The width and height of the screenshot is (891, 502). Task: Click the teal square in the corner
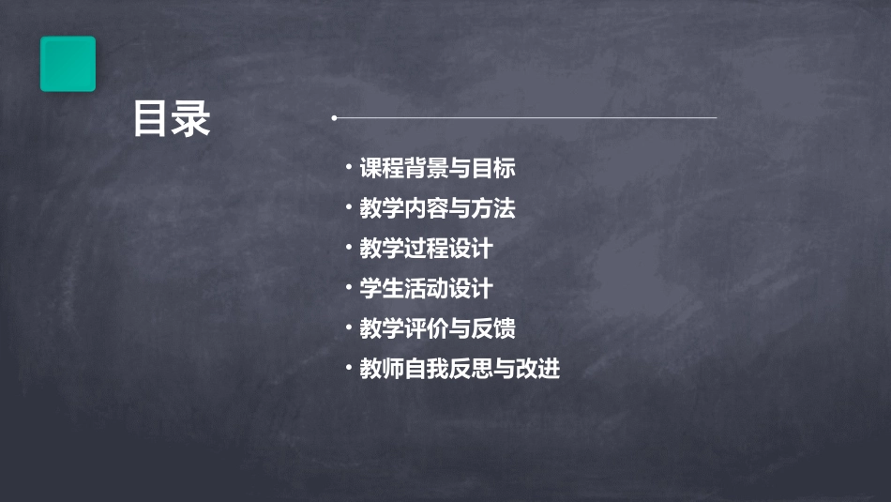click(68, 64)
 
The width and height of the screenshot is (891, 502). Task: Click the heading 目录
click(172, 120)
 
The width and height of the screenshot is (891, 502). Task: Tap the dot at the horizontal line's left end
click(334, 118)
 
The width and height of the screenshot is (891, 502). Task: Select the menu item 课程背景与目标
click(437, 169)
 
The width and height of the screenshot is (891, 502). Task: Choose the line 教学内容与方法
click(437, 208)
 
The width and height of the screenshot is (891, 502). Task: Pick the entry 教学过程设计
click(426, 249)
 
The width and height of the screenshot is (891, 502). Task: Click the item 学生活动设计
click(426, 289)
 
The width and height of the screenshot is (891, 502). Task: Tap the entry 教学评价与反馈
click(437, 329)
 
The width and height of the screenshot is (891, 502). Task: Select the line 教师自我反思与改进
click(460, 369)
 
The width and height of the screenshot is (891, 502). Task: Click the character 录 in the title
click(192, 120)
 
